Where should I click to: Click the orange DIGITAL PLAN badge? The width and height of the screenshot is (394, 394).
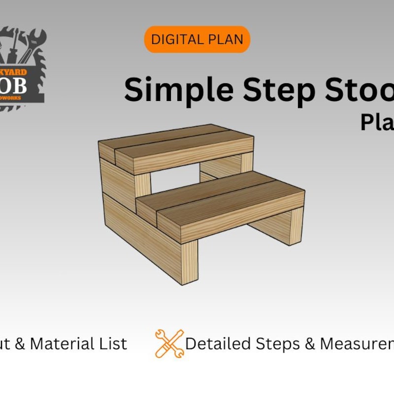coord(197,39)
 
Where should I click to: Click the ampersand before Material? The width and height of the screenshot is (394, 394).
coord(20,343)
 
